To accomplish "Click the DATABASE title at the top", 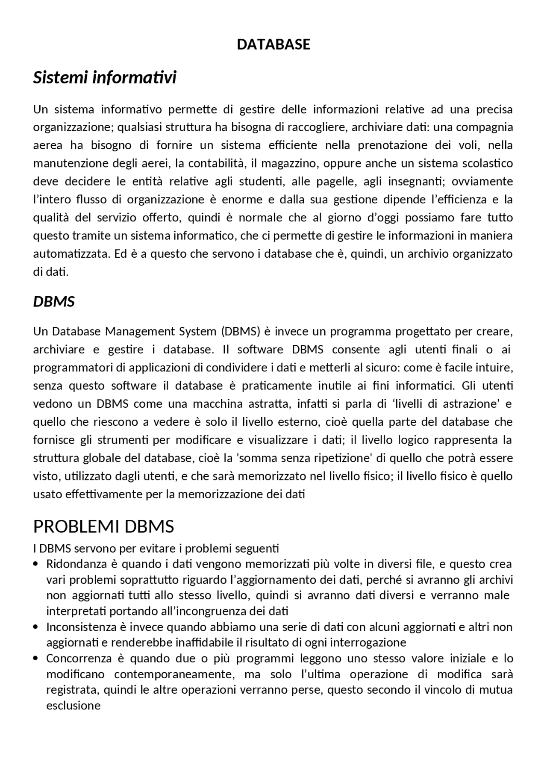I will coord(273,44).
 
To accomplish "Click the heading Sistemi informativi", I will coord(105,78).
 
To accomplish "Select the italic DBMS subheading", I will coord(54,302).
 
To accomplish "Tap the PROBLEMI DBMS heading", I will coord(103,527).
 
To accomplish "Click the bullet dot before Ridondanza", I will coord(36,564).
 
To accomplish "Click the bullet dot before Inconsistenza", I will coord(36,627).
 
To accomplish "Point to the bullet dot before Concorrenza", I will coord(36,659).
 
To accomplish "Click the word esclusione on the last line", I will coord(73,706).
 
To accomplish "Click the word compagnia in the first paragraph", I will coord(485,128).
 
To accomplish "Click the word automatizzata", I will coord(71,254).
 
